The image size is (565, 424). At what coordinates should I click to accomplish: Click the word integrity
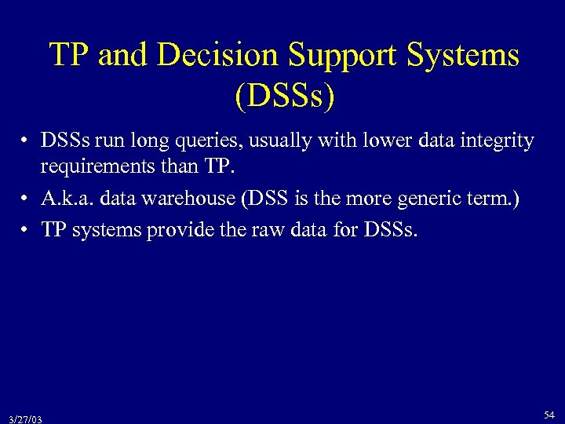coord(498,141)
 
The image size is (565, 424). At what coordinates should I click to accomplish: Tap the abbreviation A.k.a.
coord(66,198)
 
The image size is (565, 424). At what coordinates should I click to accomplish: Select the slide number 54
coord(549,413)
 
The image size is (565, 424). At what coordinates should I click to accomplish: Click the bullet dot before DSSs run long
coord(26,142)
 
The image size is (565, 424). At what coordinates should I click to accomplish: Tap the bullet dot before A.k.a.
coord(26,199)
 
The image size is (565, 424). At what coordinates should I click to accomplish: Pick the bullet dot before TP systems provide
coord(26,232)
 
